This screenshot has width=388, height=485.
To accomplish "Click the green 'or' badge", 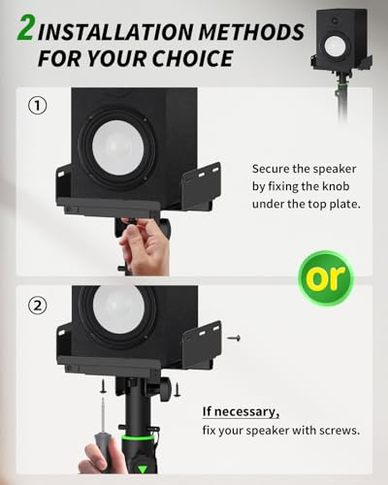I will [324, 279].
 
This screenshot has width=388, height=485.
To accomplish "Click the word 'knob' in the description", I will [328, 186].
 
